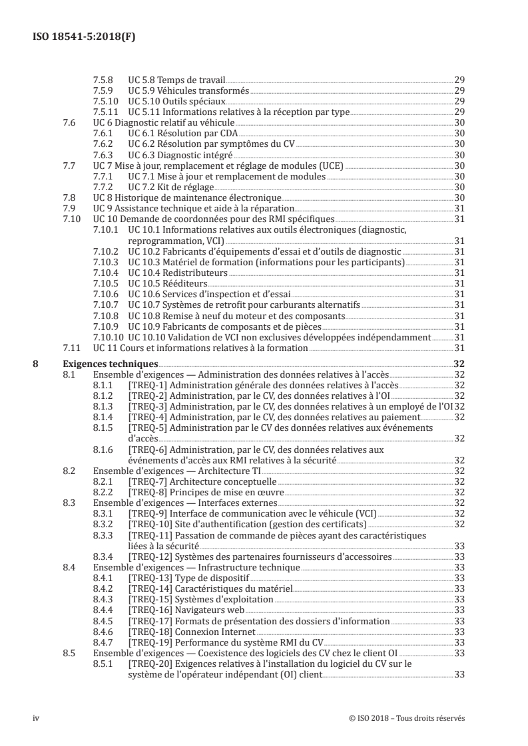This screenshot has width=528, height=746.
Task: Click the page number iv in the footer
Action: pyautogui.click(x=36, y=717)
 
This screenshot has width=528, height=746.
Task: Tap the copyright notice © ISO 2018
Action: pyautogui.click(x=397, y=717)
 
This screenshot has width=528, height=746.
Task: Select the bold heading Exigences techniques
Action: pyautogui.click(x=110, y=364)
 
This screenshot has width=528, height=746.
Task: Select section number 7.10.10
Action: pyautogui.click(x=107, y=337)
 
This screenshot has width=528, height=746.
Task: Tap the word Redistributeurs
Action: pyautogui.click(x=192, y=273)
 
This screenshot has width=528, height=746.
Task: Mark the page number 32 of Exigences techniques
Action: pyautogui.click(x=459, y=364)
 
